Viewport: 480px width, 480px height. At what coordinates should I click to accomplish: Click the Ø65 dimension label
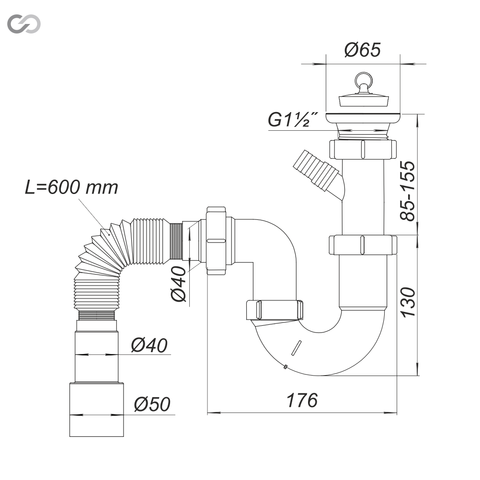point(363,50)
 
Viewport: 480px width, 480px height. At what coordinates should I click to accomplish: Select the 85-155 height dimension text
point(408,190)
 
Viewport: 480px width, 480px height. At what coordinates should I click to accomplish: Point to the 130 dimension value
point(408,302)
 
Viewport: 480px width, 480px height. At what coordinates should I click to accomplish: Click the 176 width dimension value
point(302,400)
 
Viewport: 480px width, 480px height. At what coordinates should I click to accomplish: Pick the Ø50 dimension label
point(152,404)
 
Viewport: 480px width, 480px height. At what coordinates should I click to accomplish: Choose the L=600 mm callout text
point(71,187)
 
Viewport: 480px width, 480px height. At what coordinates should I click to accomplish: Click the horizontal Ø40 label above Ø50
point(149,345)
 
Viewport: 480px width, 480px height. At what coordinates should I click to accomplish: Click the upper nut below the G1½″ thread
point(363,149)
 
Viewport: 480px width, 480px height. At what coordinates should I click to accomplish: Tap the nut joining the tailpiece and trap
point(363,245)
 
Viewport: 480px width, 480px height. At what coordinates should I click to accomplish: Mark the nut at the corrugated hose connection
point(216,241)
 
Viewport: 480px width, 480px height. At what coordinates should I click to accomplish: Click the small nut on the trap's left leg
point(275,310)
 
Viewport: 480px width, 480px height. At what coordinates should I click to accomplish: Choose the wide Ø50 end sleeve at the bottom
point(97,410)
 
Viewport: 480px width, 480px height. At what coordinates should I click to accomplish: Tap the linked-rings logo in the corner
point(24,24)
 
